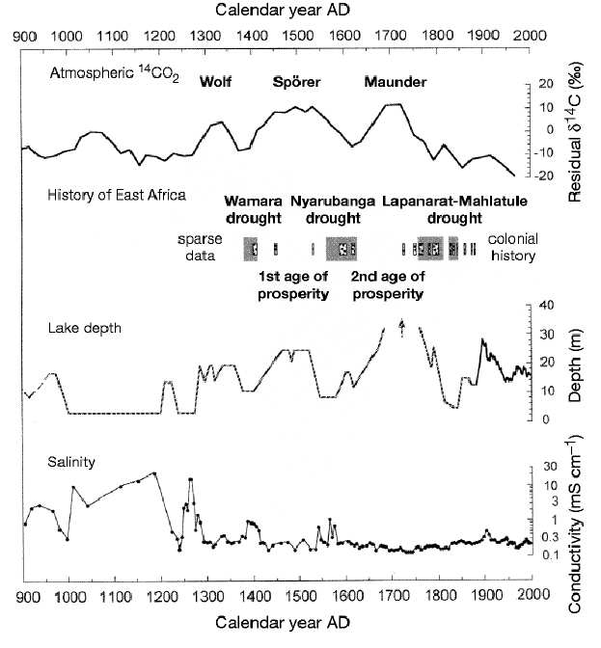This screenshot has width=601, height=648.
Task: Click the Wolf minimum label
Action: pyautogui.click(x=215, y=81)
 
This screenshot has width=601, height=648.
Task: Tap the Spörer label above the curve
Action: pyautogui.click(x=296, y=82)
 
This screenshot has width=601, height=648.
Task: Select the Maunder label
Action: pyautogui.click(x=396, y=81)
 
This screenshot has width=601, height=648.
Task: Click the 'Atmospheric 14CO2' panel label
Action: pyautogui.click(x=115, y=73)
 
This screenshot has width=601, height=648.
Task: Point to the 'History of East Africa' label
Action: pyautogui.click(x=117, y=195)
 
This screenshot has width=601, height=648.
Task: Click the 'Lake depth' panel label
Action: pyautogui.click(x=85, y=328)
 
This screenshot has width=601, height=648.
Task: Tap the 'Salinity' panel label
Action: pyautogui.click(x=71, y=462)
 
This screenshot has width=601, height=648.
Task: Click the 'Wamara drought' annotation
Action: pyautogui.click(x=254, y=209)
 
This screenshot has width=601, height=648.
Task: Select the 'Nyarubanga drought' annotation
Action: pyautogui.click(x=333, y=209)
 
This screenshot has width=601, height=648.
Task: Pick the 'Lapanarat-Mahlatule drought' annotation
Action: pyautogui.click(x=454, y=209)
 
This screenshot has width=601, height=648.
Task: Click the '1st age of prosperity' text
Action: pyautogui.click(x=293, y=285)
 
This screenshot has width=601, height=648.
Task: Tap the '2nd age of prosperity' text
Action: pyautogui.click(x=388, y=285)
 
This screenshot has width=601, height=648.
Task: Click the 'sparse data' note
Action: pyautogui.click(x=200, y=247)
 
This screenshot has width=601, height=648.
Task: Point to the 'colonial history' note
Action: pyautogui.click(x=513, y=247)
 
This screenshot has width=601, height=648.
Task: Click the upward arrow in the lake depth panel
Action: pyautogui.click(x=401, y=328)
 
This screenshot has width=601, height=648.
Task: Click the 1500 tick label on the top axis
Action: pyautogui.click(x=296, y=35)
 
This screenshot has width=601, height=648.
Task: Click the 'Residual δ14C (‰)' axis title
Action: pyautogui.click(x=575, y=133)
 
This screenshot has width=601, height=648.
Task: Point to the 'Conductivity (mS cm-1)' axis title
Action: pyautogui.click(x=575, y=523)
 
